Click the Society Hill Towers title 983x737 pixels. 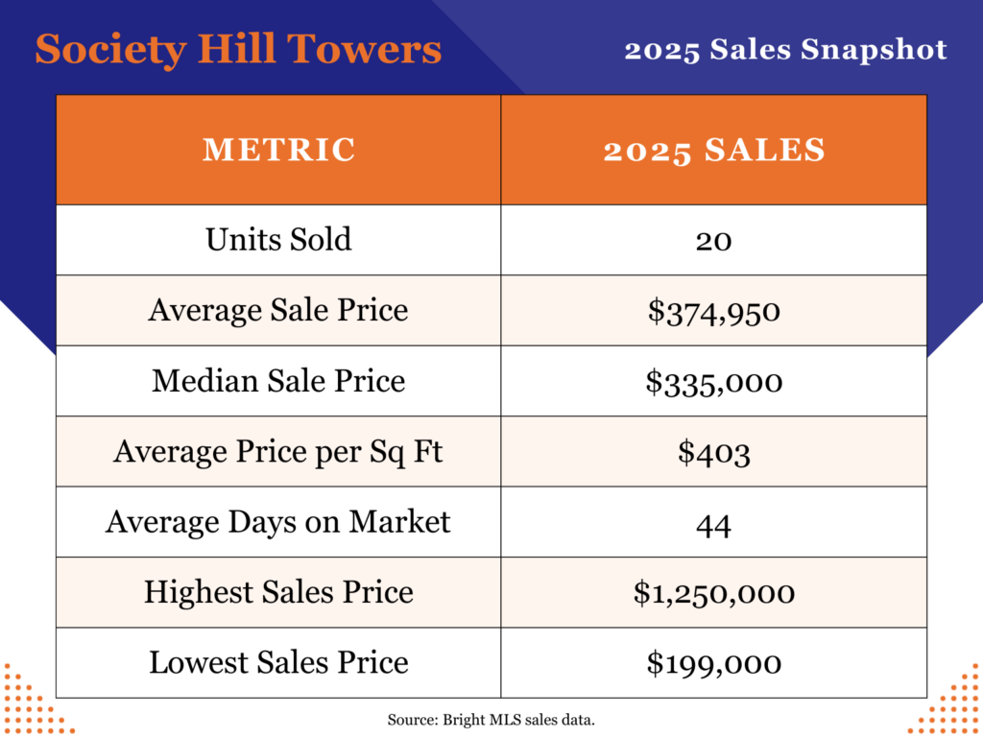pyautogui.click(x=238, y=49)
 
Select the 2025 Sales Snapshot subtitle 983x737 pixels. pyautogui.click(x=785, y=49)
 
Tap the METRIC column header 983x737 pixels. pyautogui.click(x=278, y=150)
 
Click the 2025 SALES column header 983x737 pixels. pyautogui.click(x=714, y=150)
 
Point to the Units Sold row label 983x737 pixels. pyautogui.click(x=278, y=239)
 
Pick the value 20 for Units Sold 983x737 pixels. pyautogui.click(x=714, y=240)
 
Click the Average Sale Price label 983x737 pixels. pyautogui.click(x=278, y=310)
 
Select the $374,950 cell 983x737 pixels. pyautogui.click(x=714, y=311)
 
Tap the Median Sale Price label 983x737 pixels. pyautogui.click(x=278, y=381)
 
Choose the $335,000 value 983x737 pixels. pyautogui.click(x=714, y=382)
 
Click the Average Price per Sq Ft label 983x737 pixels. pyautogui.click(x=278, y=451)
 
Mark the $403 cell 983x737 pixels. pyautogui.click(x=714, y=452)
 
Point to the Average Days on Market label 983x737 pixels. pyautogui.click(x=278, y=521)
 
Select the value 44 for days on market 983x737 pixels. pyautogui.click(x=714, y=523)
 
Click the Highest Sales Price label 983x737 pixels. pyautogui.click(x=278, y=592)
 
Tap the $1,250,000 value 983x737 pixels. pyautogui.click(x=714, y=593)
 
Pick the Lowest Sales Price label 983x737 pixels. pyautogui.click(x=278, y=662)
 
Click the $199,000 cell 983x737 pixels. pyautogui.click(x=714, y=663)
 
